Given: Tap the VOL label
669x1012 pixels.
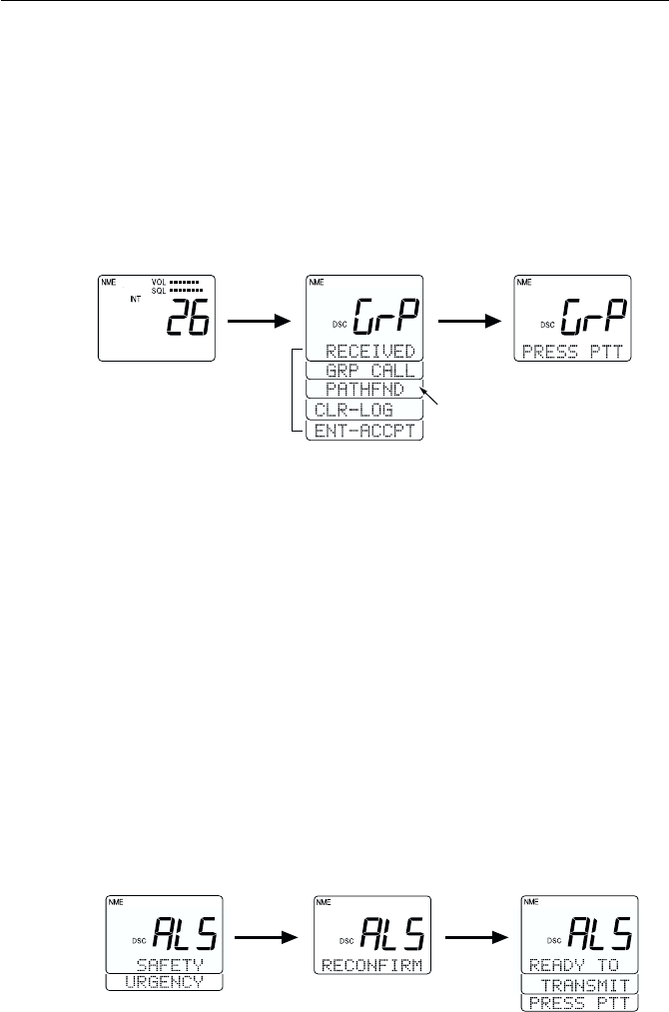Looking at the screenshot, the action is [159, 283].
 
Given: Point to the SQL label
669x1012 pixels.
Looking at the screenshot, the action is [159, 291].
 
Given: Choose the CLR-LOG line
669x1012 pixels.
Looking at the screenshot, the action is [349, 411].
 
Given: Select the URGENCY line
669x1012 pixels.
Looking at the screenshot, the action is [163, 983].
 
